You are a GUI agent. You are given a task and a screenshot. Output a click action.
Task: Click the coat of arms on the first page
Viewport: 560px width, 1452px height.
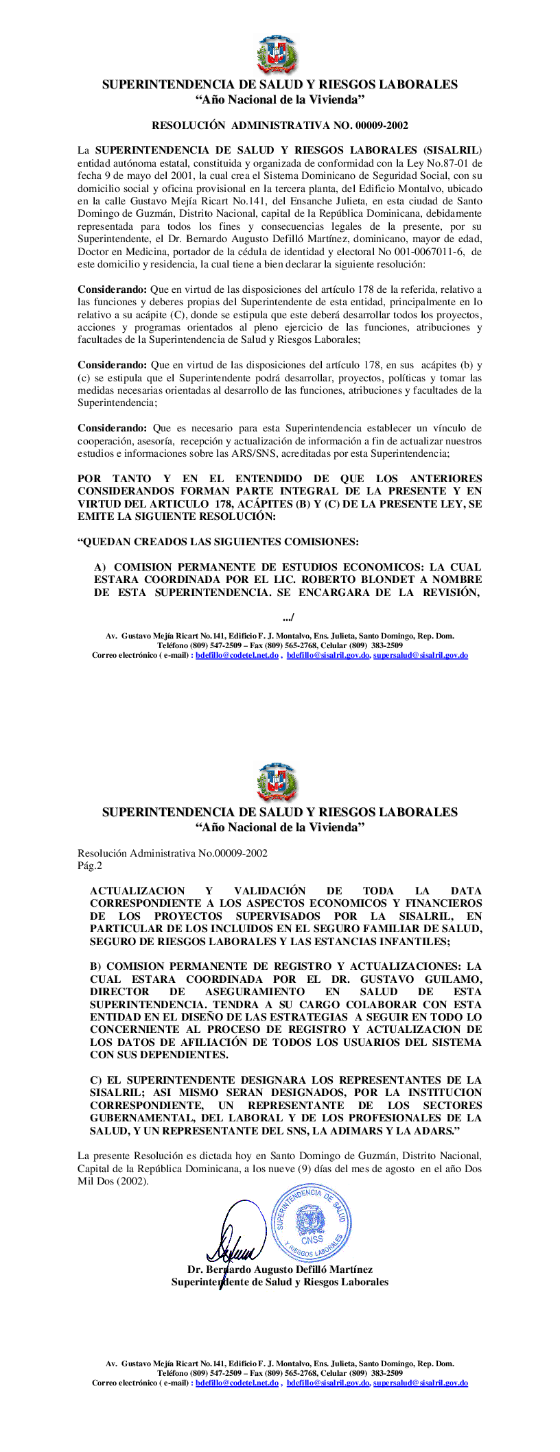(277, 56)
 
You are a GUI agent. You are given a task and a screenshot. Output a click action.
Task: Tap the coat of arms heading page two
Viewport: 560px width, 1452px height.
(277, 783)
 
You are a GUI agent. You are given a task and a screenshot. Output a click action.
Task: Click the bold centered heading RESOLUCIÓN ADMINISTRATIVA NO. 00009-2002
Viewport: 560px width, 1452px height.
(280, 126)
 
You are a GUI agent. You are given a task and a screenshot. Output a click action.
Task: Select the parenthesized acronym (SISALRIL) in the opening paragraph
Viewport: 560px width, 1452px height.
(452, 150)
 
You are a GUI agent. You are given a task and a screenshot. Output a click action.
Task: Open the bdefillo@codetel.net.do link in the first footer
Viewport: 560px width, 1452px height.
(237, 656)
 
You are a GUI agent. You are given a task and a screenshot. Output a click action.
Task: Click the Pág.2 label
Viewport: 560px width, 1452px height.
(90, 866)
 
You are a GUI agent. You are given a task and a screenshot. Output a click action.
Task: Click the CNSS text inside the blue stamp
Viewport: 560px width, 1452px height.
(312, 1239)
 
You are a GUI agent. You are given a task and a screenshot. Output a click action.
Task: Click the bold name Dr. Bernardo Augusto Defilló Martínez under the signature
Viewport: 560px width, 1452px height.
(280, 1270)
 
